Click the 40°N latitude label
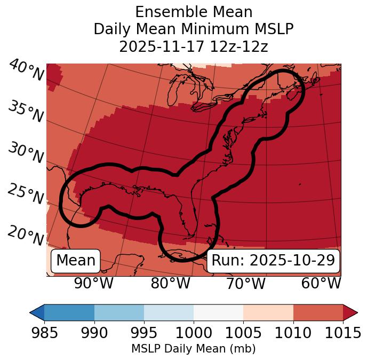26,71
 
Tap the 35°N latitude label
26,112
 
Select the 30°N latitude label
26,153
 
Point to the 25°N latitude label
26,194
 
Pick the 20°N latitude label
26,236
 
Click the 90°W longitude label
94,283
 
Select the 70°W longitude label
246,283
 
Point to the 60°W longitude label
321,283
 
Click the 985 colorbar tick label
44,333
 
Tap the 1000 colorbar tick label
194,333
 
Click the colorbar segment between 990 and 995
119,312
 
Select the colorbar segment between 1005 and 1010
268,312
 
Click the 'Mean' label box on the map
76,261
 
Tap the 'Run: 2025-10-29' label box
273,261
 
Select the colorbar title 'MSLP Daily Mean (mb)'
194,349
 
